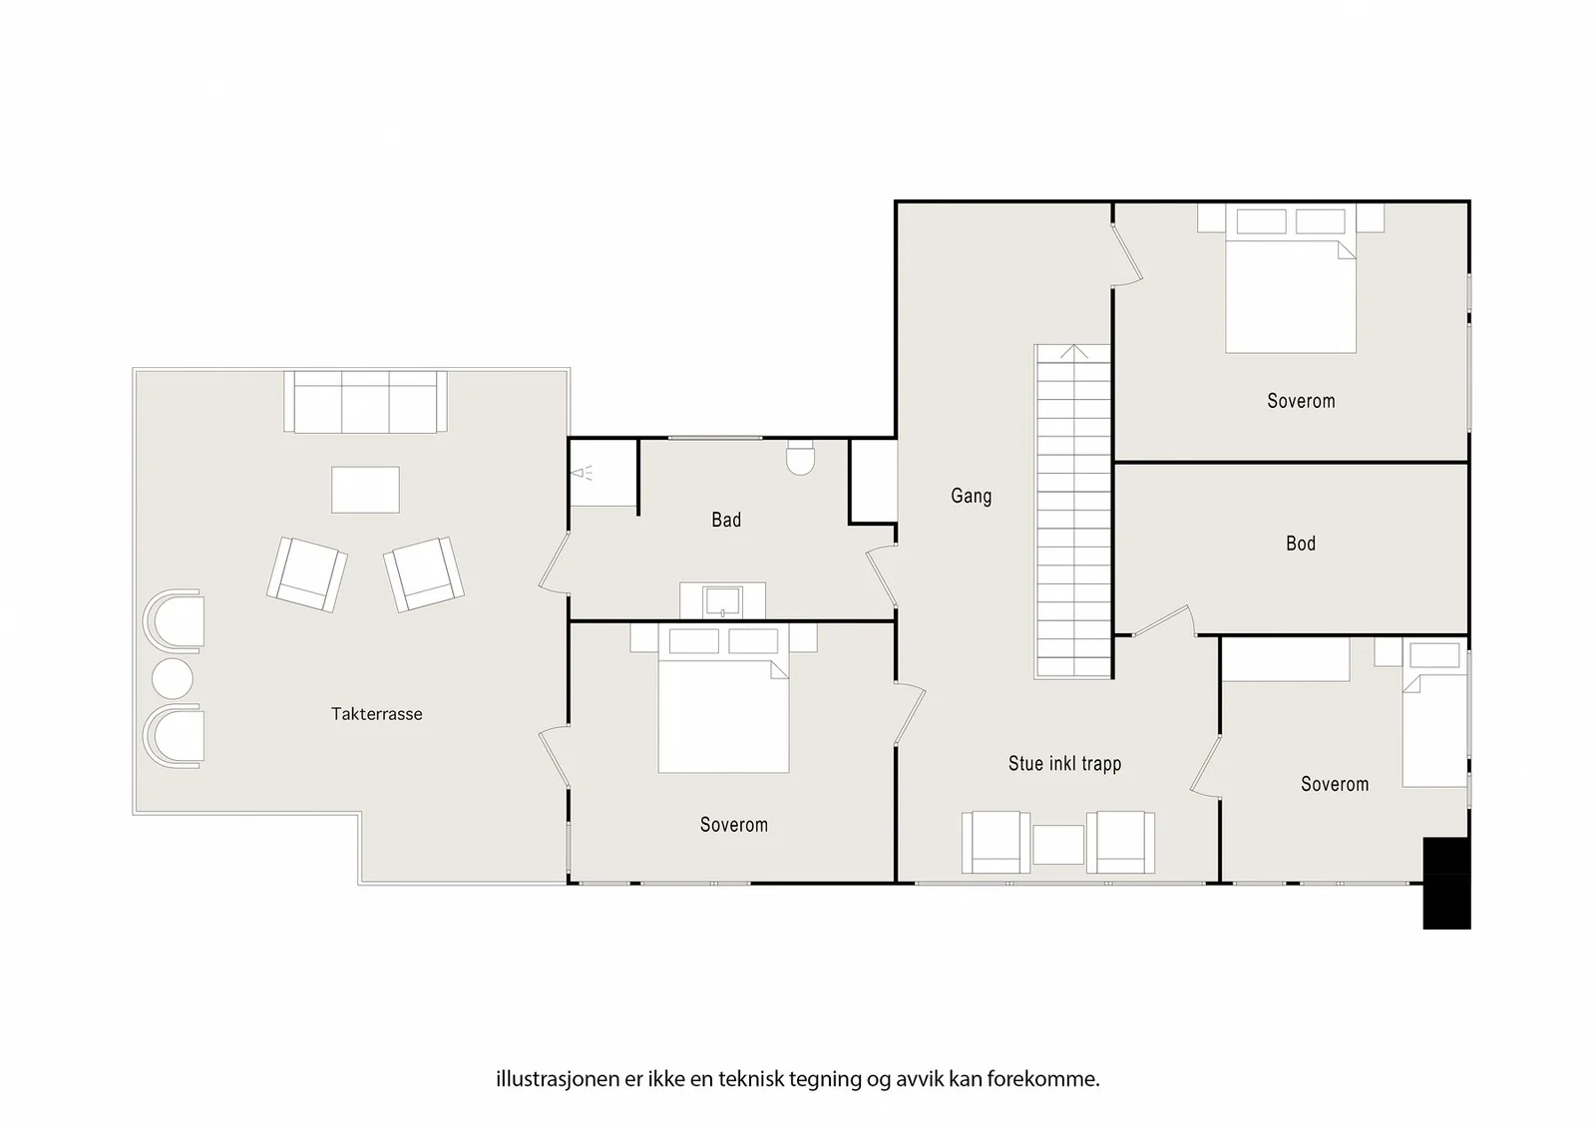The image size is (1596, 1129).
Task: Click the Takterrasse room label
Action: [376, 714]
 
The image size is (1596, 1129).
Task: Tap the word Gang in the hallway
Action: [972, 496]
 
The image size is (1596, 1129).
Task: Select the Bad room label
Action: [726, 520]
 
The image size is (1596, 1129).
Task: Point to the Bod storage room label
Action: [1301, 544]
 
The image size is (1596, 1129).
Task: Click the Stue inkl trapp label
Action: [1064, 764]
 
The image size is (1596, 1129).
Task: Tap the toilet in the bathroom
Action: [800, 458]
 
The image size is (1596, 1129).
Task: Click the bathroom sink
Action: [722, 601]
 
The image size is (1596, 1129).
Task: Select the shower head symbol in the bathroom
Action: [582, 473]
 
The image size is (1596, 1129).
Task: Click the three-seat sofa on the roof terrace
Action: [365, 401]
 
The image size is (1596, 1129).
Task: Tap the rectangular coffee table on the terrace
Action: [365, 490]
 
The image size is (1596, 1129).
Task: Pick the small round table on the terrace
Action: [173, 678]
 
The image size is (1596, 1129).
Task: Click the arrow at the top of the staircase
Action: [1073, 351]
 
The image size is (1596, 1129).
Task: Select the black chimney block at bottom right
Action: [1446, 884]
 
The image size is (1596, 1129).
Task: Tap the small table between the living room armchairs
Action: [1058, 845]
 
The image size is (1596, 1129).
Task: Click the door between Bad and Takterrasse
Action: [555, 563]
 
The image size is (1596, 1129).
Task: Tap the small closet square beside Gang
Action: [874, 481]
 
